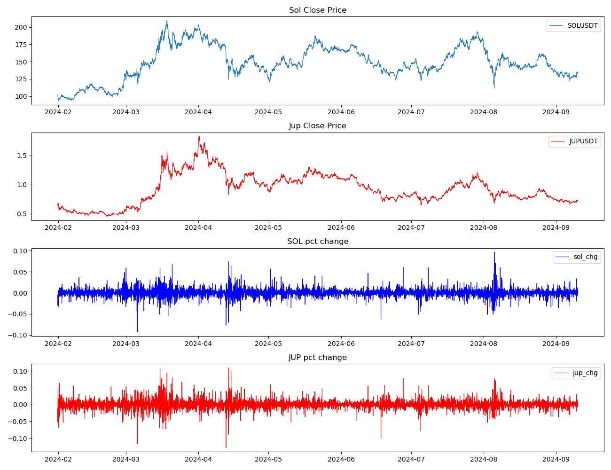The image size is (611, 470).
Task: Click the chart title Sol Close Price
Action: pos(317,10)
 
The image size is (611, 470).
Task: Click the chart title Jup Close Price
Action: pos(317,126)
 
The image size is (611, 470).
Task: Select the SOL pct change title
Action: pos(318,242)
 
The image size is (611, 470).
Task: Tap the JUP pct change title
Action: pos(318,358)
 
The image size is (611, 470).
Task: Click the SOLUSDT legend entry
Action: pos(582,26)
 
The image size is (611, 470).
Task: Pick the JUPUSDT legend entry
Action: pos(583,141)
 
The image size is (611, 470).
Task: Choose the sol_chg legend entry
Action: pos(585,257)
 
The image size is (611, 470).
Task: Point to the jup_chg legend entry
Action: pos(585,373)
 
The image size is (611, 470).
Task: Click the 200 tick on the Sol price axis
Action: pos(21,27)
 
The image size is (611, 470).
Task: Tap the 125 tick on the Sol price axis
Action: pos(21,79)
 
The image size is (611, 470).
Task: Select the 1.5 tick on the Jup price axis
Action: pos(23,156)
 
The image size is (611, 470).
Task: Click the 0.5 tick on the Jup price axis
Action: pos(23,214)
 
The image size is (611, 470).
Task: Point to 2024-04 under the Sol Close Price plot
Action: pos(198,112)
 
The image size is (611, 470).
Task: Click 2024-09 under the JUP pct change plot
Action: pos(556,459)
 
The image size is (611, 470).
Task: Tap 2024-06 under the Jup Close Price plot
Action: pos(341,227)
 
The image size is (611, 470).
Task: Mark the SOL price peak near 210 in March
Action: pos(167,21)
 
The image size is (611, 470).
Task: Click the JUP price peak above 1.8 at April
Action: pos(199,137)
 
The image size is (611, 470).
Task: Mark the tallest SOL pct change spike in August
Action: pos(494,252)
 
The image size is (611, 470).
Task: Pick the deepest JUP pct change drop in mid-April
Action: pos(226,447)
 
